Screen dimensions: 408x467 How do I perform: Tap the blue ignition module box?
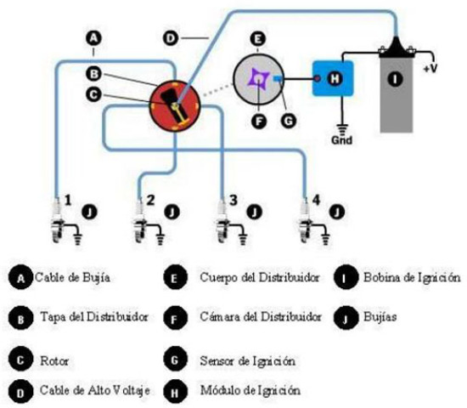[331, 78]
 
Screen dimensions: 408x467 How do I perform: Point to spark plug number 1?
[58, 223]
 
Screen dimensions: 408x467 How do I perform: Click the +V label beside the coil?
[431, 66]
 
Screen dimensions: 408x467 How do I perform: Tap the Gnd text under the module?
[342, 141]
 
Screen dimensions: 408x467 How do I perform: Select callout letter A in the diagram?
[93, 37]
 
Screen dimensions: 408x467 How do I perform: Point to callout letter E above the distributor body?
[258, 38]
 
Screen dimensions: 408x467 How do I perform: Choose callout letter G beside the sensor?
[288, 122]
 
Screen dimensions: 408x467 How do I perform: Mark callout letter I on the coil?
[393, 80]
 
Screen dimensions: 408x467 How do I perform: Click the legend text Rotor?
[53, 360]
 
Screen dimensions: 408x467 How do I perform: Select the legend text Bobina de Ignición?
[411, 277]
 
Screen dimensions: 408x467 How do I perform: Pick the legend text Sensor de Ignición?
[247, 360]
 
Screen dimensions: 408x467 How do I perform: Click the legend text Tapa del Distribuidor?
[94, 316]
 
